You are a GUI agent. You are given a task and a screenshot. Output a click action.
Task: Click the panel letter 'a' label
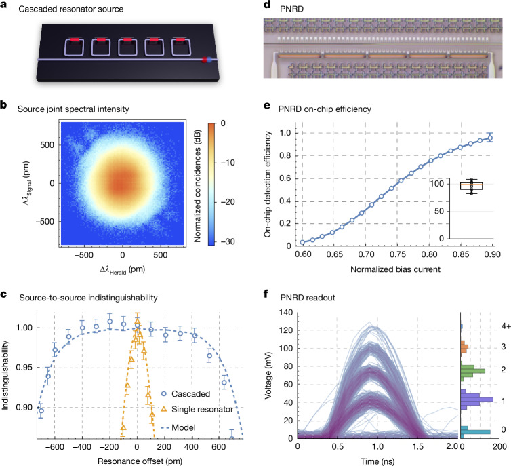pyautogui.click(x=3, y=7)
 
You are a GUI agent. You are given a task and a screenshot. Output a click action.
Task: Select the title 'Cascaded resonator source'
pyautogui.click(x=70, y=9)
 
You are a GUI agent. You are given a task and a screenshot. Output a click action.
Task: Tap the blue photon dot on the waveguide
pyautogui.click(x=209, y=60)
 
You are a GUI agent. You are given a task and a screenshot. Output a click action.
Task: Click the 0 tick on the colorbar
pyautogui.click(x=223, y=123)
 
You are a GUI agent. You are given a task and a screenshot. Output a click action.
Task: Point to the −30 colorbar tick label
pyautogui.click(x=227, y=241)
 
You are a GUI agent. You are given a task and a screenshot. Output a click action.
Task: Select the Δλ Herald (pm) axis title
pyautogui.click(x=122, y=270)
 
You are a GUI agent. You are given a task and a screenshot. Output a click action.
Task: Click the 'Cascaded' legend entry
pyautogui.click(x=186, y=394)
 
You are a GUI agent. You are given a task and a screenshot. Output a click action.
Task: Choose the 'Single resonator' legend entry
pyautogui.click(x=197, y=409)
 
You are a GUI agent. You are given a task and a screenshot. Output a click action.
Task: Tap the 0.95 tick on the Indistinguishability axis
pyautogui.click(x=25, y=368)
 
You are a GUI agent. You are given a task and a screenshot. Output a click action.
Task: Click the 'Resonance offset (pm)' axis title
pyautogui.click(x=140, y=461)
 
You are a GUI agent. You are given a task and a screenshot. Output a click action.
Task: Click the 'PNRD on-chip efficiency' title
pyautogui.click(x=325, y=109)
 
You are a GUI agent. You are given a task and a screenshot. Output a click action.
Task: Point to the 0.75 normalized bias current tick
pyautogui.click(x=397, y=254)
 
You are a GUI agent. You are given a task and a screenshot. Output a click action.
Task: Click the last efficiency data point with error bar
pyautogui.click(x=489, y=138)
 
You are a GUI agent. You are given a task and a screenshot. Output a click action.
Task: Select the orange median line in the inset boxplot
pyautogui.click(x=471, y=185)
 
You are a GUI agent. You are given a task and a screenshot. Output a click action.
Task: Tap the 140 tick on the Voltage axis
pyautogui.click(x=287, y=313)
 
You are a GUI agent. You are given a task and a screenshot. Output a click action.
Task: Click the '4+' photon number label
pyautogui.click(x=506, y=326)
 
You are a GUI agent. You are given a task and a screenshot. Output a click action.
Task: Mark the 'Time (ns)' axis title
pyautogui.click(x=377, y=461)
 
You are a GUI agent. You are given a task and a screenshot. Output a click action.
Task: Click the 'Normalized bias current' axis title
pyautogui.click(x=395, y=269)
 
